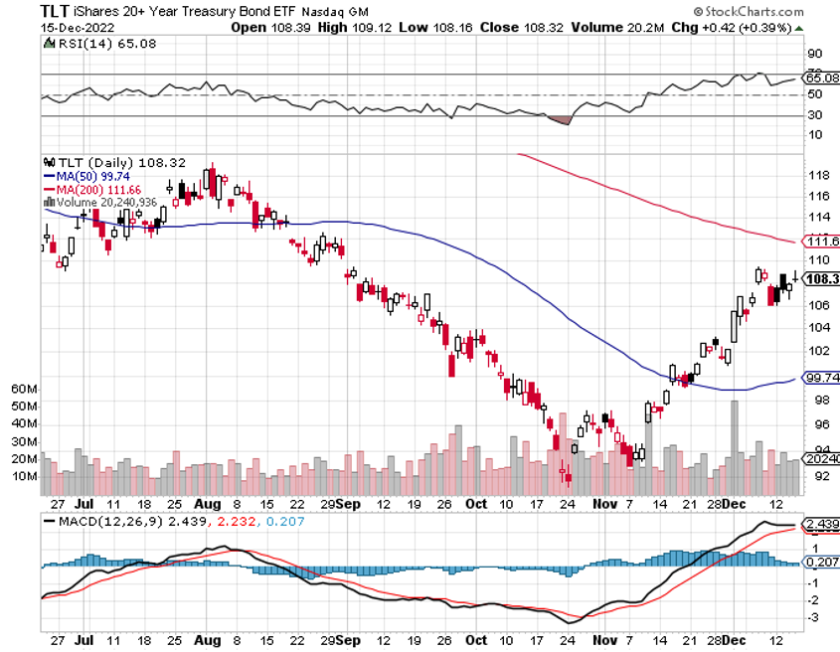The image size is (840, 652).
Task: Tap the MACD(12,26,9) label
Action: [x=101, y=521]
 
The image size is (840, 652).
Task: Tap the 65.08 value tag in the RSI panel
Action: [x=821, y=77]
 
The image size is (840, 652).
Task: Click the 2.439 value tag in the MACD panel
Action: [x=821, y=523]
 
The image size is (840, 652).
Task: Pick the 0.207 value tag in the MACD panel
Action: [x=821, y=563]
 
